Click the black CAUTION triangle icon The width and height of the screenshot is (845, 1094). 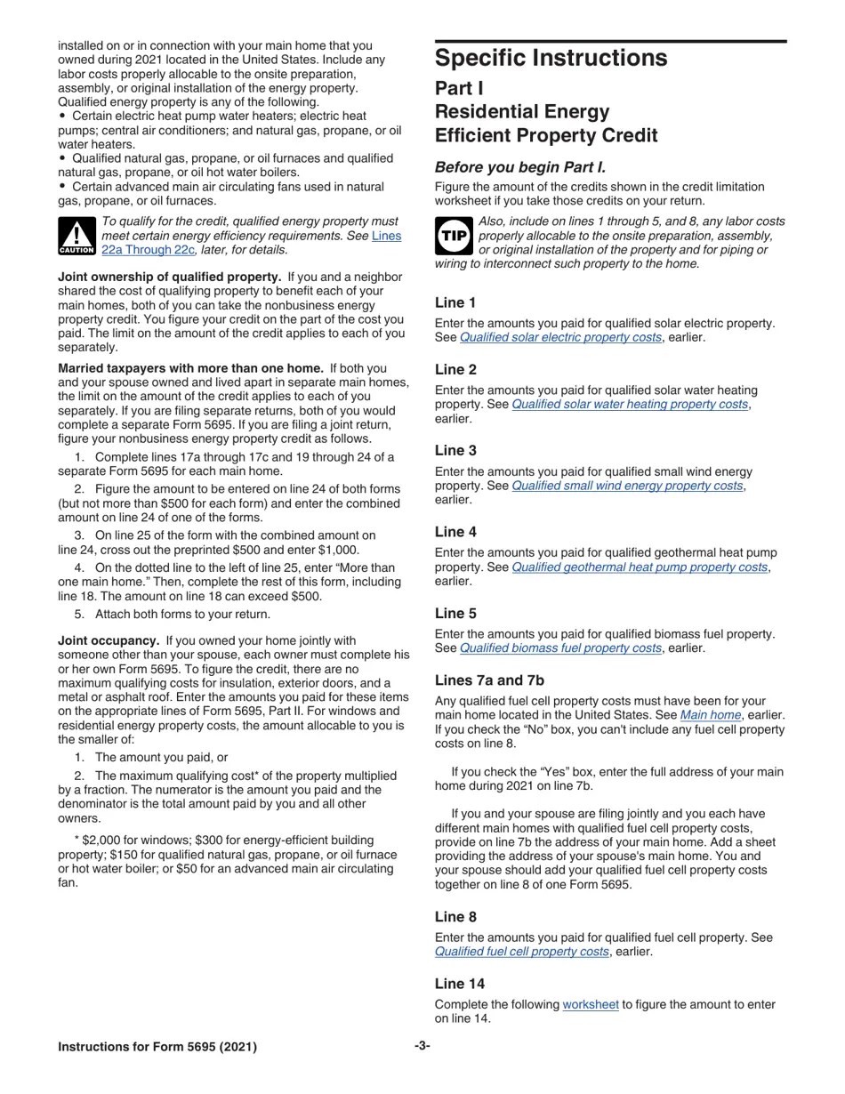[76, 236]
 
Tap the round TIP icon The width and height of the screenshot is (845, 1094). [454, 236]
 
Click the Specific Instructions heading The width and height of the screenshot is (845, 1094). [551, 59]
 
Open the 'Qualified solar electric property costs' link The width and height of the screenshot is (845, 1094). [560, 338]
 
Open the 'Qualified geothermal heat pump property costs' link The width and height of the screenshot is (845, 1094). [640, 567]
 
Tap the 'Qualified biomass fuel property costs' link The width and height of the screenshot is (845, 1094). [560, 648]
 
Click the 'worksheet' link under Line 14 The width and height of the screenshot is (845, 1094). [591, 1005]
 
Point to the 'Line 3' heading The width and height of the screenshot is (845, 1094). [455, 451]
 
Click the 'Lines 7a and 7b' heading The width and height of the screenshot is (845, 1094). [489, 680]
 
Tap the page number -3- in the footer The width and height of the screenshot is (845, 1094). [422, 1046]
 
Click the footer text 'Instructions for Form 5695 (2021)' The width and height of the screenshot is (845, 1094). [157, 1047]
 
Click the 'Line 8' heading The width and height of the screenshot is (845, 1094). [455, 917]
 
